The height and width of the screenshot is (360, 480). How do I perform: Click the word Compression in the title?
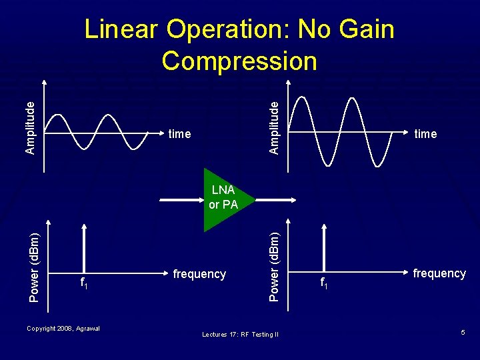[239, 61]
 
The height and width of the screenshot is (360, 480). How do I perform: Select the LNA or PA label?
[223, 197]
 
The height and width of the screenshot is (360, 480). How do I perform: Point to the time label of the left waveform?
[179, 134]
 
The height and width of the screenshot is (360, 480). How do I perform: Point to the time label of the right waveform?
[425, 134]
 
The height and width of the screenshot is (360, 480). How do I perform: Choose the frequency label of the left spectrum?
[199, 274]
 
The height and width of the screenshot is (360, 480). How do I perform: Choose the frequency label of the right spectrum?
[439, 273]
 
